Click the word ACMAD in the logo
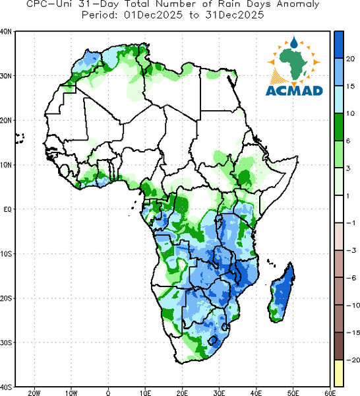point(294,90)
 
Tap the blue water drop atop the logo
point(293,42)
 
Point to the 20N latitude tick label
point(6,120)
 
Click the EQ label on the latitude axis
point(7,209)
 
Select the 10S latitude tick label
point(6,253)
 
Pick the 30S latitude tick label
point(6,343)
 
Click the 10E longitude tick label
point(145,393)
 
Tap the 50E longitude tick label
point(293,393)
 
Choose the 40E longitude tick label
point(256,393)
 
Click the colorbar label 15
point(350,86)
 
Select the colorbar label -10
point(353,305)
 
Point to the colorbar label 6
point(348,141)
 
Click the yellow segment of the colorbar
point(339,373)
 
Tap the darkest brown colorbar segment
point(339,346)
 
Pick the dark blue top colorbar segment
point(339,45)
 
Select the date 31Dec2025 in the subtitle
point(234,15)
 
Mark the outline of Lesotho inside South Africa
point(213,341)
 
